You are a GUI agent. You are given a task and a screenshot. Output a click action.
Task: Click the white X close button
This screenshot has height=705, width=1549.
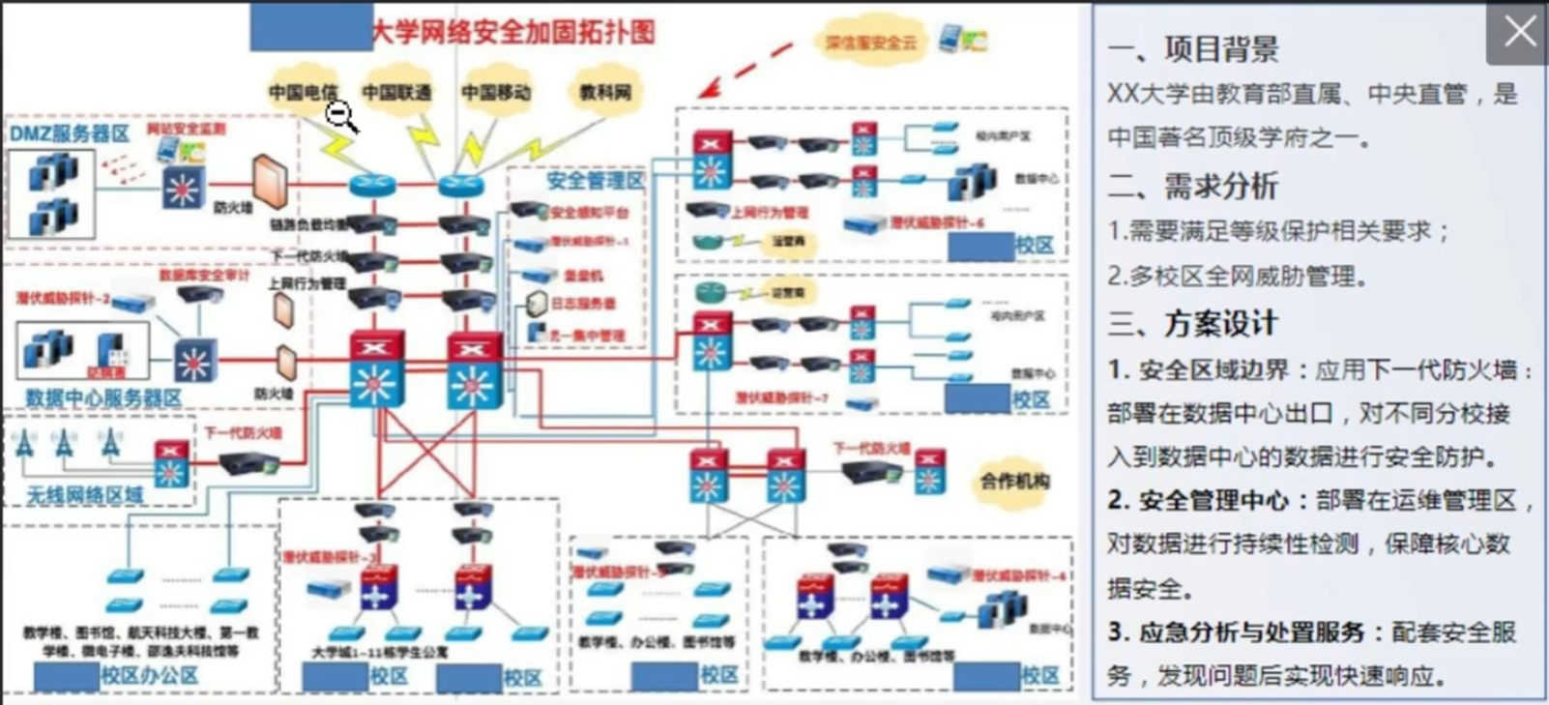click(1518, 32)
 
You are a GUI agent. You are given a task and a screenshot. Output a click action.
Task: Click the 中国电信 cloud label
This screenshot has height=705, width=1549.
click(302, 92)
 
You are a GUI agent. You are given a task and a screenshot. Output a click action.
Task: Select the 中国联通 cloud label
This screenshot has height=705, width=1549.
click(396, 92)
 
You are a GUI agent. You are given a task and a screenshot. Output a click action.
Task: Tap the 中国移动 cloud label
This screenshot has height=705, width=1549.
click(495, 92)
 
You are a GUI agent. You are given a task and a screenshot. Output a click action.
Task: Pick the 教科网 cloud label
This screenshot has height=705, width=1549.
click(604, 92)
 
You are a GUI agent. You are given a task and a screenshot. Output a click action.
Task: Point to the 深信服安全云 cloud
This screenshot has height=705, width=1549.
click(870, 43)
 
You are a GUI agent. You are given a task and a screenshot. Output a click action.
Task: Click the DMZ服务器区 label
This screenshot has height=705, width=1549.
click(70, 133)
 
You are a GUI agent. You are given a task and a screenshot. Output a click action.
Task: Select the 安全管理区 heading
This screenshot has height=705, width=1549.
click(595, 180)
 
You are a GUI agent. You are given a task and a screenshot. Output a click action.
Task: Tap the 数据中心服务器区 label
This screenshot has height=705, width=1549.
click(103, 397)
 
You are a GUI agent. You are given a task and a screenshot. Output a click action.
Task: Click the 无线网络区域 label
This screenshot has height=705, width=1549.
click(85, 495)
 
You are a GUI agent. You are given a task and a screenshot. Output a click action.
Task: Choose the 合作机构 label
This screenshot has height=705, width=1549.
click(1013, 480)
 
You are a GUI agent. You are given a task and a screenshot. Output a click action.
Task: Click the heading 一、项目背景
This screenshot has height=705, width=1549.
click(1193, 48)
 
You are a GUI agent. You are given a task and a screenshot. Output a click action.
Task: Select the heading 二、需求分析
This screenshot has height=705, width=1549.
click(1193, 186)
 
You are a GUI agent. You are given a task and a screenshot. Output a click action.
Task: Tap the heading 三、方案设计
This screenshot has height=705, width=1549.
click(1193, 323)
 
